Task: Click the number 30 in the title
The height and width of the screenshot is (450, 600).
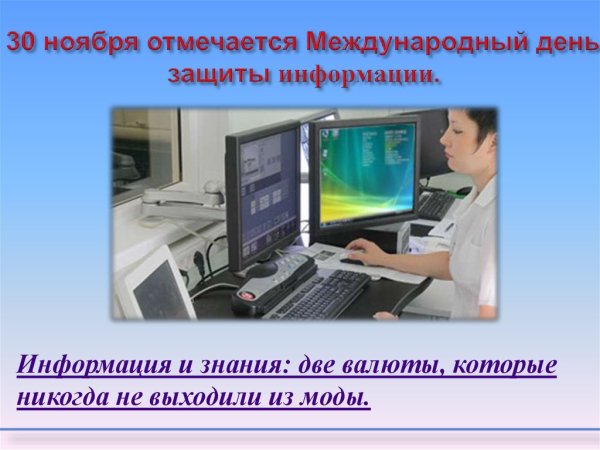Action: click(24, 44)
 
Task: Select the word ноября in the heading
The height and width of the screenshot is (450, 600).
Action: click(90, 44)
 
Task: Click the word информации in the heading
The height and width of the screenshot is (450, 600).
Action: click(359, 76)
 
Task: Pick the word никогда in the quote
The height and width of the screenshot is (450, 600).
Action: click(58, 397)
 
